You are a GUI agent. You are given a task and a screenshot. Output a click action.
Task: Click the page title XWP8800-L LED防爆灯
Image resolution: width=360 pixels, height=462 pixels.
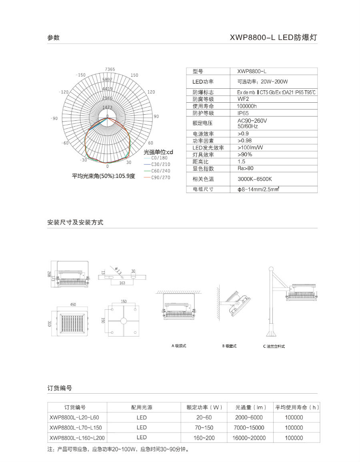coord(274,38)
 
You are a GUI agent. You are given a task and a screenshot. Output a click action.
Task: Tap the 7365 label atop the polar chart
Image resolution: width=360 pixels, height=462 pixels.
coord(110,69)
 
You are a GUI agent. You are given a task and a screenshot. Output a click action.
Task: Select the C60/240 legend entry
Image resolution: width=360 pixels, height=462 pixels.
coord(160,171)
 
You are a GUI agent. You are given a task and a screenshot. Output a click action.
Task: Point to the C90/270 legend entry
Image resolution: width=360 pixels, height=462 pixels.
coord(160,177)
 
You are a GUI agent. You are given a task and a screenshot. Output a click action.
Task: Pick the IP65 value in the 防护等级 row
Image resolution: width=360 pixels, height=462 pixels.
coord(243,113)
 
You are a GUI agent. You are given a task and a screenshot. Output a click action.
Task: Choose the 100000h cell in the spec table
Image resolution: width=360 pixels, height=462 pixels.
coord(247,106)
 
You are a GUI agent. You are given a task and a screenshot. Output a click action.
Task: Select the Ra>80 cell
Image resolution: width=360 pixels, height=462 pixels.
coord(245,168)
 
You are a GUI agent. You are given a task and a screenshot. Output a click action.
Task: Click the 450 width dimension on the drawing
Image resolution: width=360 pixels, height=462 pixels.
coord(73,305)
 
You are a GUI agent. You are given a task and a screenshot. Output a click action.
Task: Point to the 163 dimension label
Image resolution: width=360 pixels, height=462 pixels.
coord(122,283)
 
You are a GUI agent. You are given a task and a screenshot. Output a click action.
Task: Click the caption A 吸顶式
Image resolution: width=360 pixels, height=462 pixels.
coord(179,346)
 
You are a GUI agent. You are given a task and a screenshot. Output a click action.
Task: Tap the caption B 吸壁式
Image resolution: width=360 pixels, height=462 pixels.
coord(229,346)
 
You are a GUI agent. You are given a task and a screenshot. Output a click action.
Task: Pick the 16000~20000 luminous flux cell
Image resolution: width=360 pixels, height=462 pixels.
coord(249,438)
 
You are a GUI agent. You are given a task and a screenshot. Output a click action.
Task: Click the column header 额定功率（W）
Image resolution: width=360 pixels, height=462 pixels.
coord(204,407)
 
